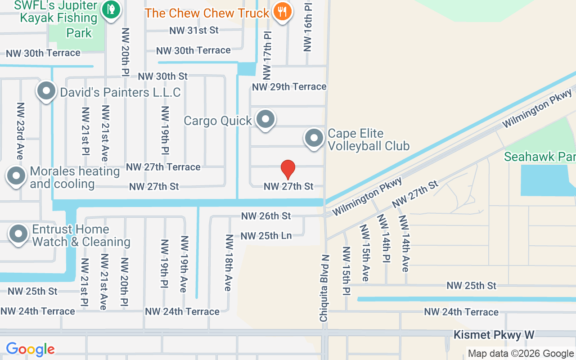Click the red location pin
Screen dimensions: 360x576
coord(288,169)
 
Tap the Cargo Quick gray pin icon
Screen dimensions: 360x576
coord(265,120)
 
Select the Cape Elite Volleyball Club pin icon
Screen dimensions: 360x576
coord(314,139)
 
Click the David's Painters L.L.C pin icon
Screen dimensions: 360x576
coord(46,91)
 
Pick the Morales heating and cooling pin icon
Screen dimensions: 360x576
coord(17,176)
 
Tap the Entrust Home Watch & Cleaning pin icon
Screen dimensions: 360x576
coord(19,234)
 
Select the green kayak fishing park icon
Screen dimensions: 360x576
coord(110,9)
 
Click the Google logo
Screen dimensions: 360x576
coord(30,349)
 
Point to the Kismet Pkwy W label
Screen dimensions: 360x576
coord(494,335)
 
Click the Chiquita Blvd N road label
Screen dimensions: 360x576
coord(324,288)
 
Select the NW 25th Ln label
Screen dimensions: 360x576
coord(266,236)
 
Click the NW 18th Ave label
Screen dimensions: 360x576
coord(229,263)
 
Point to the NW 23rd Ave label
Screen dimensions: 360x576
coord(20,130)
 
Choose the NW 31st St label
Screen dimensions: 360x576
coord(194,30)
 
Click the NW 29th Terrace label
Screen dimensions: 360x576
coord(289,86)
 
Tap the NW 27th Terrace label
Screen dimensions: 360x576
coord(163,167)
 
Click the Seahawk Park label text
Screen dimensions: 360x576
coord(540,157)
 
